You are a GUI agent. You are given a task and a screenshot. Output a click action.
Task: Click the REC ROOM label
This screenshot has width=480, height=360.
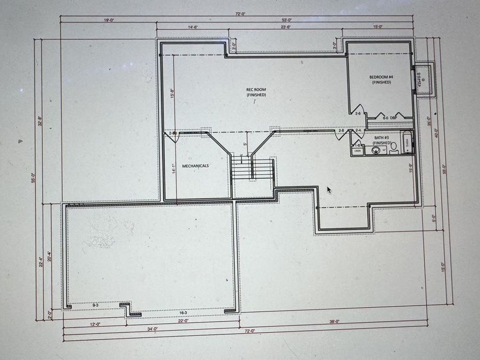(x=256, y=92)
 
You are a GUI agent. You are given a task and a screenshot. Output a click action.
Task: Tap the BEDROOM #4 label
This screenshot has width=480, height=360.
(x=381, y=80)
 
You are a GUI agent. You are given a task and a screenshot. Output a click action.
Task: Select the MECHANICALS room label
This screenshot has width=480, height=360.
(x=196, y=166)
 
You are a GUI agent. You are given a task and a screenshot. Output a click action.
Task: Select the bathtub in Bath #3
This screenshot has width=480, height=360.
(x=407, y=142)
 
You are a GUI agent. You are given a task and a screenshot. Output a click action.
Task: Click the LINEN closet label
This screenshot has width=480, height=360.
(x=357, y=151)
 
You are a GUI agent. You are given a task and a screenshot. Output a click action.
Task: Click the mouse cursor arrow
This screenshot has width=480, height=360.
(x=329, y=190)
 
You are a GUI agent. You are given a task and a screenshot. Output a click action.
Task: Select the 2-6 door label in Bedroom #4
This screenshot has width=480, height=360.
(x=358, y=114)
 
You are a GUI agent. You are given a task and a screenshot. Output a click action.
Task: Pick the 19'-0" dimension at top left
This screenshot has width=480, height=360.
(x=108, y=20)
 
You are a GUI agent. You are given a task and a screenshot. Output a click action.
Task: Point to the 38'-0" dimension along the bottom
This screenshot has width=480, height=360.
(x=334, y=322)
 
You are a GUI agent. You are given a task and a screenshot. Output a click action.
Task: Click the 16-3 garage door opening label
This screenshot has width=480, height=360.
(x=182, y=313)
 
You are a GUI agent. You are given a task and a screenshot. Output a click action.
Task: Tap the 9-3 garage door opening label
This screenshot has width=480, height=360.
(x=95, y=305)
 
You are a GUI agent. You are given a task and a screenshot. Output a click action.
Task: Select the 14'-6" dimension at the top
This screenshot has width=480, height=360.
(x=193, y=26)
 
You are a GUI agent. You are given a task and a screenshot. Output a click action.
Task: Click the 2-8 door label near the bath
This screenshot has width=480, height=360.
(x=341, y=130)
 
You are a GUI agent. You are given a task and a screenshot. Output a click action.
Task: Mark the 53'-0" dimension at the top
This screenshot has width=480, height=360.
(x=287, y=20)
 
